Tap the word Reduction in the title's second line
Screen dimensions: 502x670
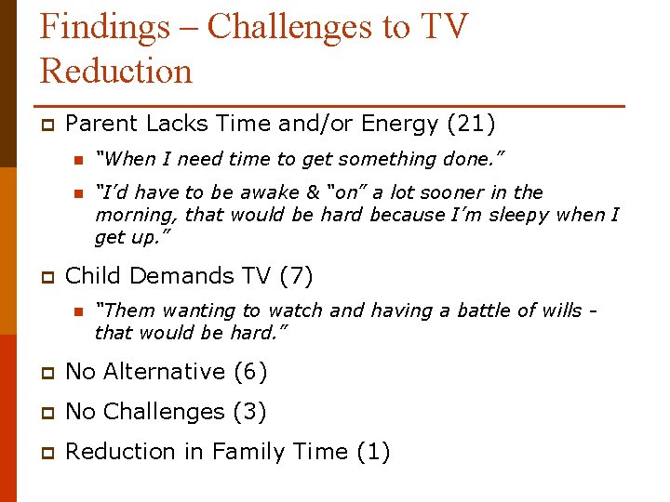click(115, 71)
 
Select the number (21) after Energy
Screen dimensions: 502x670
click(471, 124)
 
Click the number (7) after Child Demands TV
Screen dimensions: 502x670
click(296, 276)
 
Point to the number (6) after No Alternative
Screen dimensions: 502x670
click(250, 372)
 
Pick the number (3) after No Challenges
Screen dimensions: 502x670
click(249, 412)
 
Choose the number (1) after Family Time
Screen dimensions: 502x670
click(373, 452)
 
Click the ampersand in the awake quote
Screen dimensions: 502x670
click(313, 192)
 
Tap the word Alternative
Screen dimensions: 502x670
click(163, 372)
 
